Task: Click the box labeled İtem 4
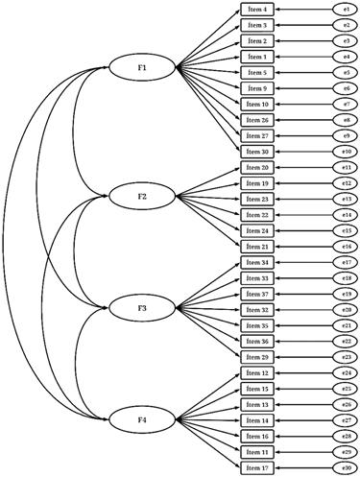[x=259, y=10]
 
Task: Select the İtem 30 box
[x=259, y=152]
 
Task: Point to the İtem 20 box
[x=259, y=167]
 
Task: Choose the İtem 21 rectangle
[x=259, y=247]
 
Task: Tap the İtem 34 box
[x=259, y=262]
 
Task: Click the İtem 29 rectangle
[x=259, y=356]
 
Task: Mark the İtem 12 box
[x=259, y=372]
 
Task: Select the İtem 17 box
[x=259, y=467]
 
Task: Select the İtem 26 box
[x=259, y=120]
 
